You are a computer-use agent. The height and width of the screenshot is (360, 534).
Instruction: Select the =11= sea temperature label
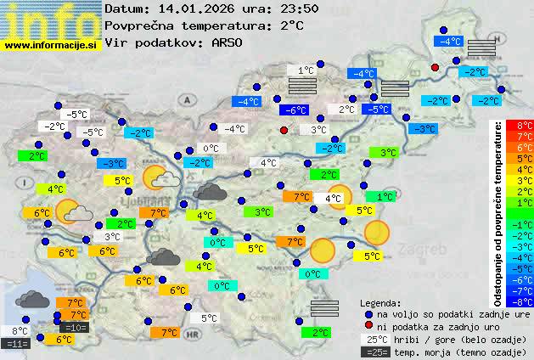coord(15,344)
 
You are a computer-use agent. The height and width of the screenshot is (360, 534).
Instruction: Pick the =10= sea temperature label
coord(74,328)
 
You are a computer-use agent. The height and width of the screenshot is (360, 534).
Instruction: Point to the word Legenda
coord(380,303)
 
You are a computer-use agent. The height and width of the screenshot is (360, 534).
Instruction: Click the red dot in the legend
coord(368,326)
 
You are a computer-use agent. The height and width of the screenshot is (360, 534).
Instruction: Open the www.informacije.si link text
coord(51,45)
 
